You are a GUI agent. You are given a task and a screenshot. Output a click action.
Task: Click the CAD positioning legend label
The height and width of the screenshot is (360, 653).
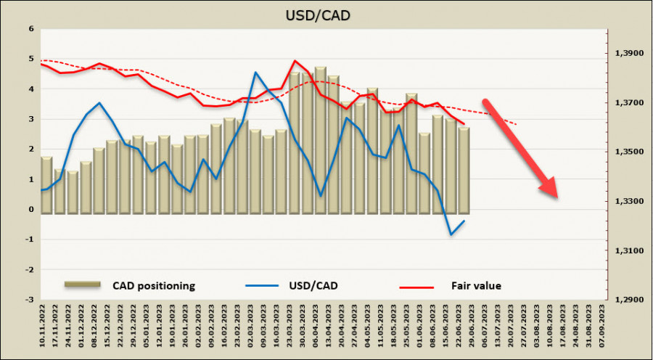pyautogui.click(x=153, y=286)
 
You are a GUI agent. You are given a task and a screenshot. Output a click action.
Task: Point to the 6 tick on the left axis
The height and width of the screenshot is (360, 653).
pyautogui.click(x=31, y=29)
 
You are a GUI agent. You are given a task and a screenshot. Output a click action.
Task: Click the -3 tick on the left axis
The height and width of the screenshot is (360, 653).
pyautogui.click(x=30, y=300)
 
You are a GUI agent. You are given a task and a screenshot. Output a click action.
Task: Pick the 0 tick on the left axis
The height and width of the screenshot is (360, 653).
pyautogui.click(x=31, y=210)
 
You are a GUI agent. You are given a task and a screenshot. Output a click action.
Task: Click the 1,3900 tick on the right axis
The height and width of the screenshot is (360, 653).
pyautogui.click(x=629, y=54)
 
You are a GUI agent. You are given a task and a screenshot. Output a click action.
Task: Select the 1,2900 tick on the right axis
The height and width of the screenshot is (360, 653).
pyautogui.click(x=629, y=300)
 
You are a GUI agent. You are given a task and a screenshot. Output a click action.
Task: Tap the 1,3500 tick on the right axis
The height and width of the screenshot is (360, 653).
pyautogui.click(x=629, y=152)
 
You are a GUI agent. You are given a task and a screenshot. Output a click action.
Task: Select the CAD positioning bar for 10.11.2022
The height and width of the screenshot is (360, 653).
pyautogui.click(x=46, y=185)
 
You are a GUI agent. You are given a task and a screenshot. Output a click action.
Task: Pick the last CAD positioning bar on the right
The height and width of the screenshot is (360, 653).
pyautogui.click(x=464, y=171)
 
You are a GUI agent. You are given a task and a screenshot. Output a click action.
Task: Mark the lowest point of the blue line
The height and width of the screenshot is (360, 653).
pyautogui.click(x=451, y=234)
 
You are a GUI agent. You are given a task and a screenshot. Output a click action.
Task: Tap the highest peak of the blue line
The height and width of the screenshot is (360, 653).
pyautogui.click(x=255, y=73)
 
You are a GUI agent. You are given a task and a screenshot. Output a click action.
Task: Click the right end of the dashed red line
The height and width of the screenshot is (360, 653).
pyautogui.click(x=516, y=124)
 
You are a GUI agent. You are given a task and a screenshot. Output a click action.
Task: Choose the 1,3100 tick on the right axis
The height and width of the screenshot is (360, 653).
pyautogui.click(x=629, y=250)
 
